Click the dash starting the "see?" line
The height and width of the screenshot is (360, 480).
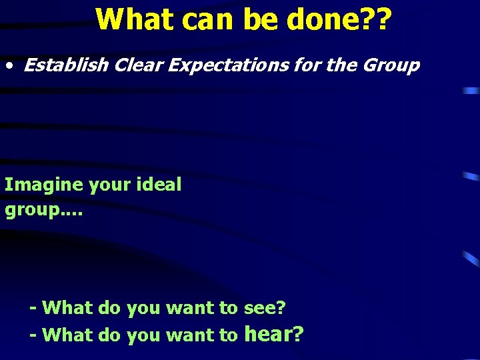[33, 308]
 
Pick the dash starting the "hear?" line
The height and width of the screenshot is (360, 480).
[33, 335]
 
